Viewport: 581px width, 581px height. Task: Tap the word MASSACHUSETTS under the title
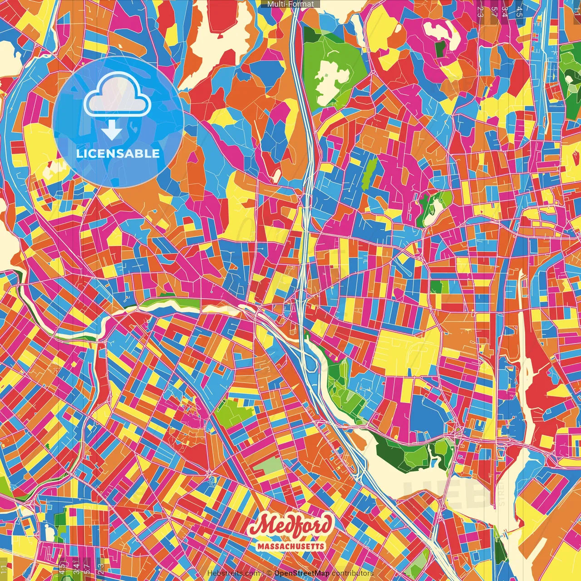tap(290, 546)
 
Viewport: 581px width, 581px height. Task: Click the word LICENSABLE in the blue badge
tap(118, 153)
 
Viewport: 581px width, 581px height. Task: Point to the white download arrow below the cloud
tap(112, 130)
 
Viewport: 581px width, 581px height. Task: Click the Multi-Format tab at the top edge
tap(290, 4)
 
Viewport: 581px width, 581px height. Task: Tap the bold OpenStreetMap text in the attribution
tap(301, 573)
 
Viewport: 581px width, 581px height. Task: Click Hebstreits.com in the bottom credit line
tap(234, 573)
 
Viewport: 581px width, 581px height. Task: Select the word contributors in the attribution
tap(352, 573)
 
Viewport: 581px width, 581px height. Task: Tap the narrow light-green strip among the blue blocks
tap(369, 173)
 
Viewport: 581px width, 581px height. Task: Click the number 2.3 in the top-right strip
tap(480, 11)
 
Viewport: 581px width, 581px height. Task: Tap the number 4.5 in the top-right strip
tap(519, 11)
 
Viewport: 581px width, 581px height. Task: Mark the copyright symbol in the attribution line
tap(269, 573)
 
